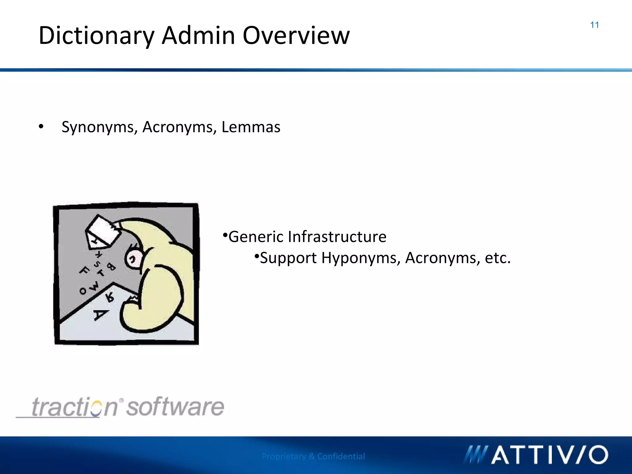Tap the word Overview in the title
click(296, 36)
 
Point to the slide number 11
click(594, 25)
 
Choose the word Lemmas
click(251, 127)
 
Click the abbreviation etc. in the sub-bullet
click(497, 258)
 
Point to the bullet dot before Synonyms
click(41, 127)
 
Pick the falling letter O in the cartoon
click(83, 291)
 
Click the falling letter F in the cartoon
click(84, 271)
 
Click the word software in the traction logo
click(175, 407)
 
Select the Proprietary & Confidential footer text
click(313, 456)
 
